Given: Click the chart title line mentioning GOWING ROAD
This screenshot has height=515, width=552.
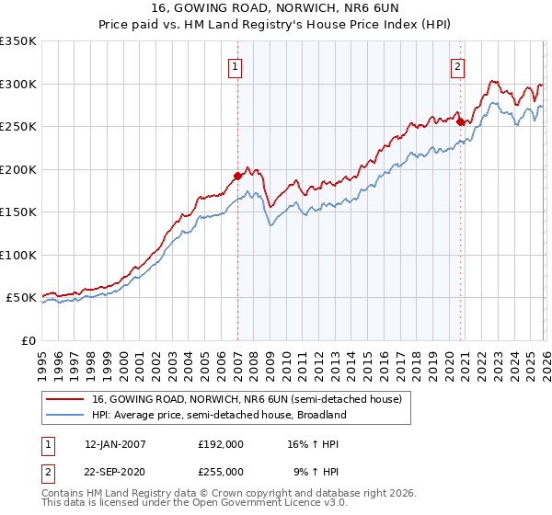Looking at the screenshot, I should click(x=276, y=8).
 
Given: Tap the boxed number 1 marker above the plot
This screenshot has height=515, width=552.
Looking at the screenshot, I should click(x=236, y=66).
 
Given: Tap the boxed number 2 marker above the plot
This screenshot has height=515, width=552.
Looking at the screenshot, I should click(x=457, y=66).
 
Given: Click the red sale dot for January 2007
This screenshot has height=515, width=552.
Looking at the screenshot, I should click(x=237, y=175).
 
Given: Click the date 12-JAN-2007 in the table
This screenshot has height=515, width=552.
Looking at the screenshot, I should click(x=115, y=444).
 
